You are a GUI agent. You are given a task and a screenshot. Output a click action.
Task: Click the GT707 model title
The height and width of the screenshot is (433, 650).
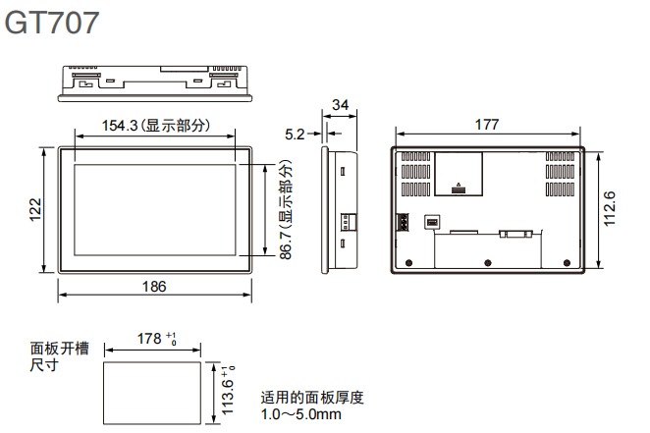point(53,22)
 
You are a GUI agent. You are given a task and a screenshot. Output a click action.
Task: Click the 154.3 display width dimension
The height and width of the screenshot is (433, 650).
point(155,126)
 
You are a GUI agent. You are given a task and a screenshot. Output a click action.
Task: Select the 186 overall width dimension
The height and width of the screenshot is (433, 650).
point(154,287)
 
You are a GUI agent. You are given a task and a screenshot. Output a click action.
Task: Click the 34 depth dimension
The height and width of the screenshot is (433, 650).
point(340,105)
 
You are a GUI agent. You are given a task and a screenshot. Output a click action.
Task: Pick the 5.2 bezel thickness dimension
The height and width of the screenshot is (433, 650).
point(294,133)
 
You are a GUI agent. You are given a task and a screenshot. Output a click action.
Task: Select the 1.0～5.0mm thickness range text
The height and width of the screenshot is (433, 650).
point(301,415)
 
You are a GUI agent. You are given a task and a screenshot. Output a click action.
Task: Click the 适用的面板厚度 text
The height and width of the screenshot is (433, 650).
point(312,398)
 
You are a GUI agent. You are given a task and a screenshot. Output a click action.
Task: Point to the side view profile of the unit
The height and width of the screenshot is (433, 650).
point(337,208)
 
